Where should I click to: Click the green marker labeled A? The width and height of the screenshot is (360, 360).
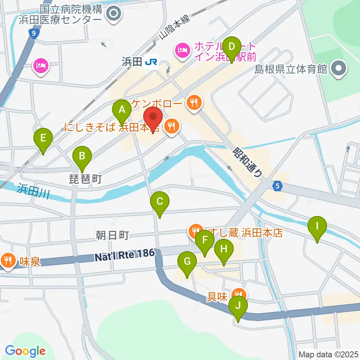tap(121, 110)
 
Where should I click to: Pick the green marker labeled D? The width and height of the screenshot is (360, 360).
tap(232, 47)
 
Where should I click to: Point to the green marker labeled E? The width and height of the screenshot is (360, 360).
tap(43, 138)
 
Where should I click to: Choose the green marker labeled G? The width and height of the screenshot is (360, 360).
tap(187, 262)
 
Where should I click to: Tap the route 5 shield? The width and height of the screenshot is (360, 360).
tap(277, 186)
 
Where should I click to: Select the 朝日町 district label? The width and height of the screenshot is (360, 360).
tap(112, 235)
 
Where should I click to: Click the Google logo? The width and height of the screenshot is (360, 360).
tap(25, 351)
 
